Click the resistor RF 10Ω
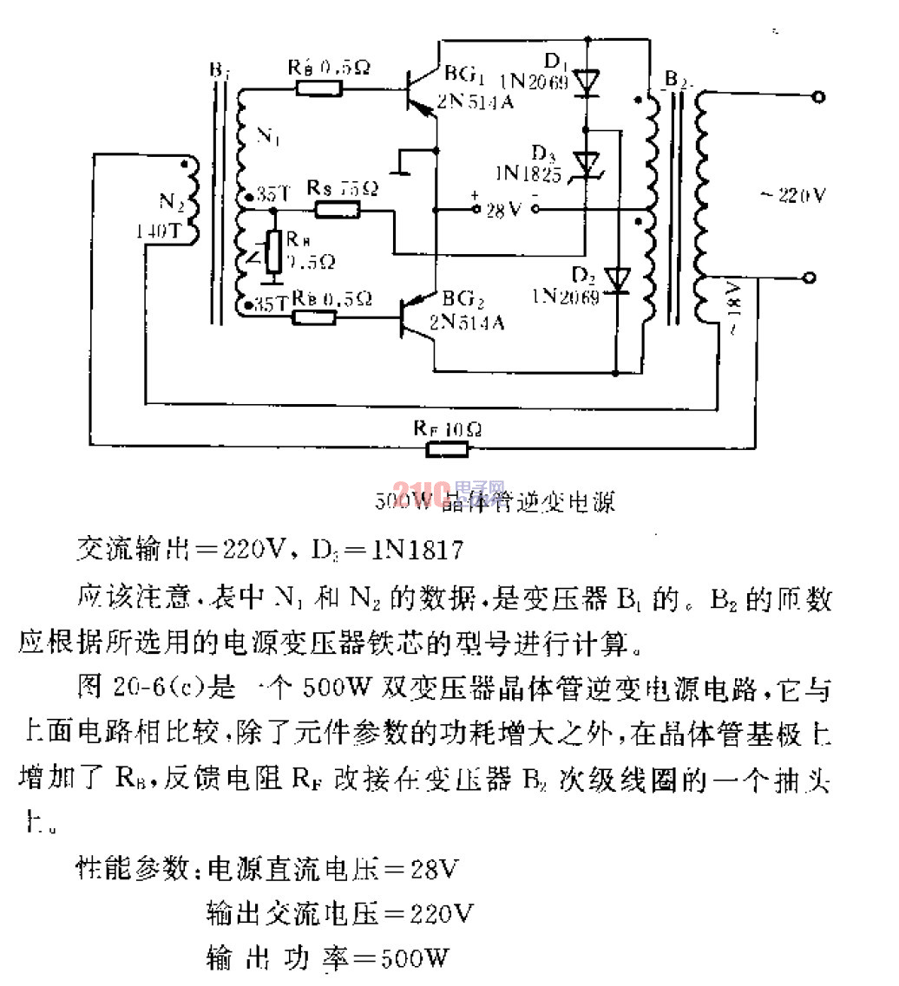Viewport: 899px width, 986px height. (446, 447)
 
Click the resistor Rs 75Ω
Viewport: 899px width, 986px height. (337, 209)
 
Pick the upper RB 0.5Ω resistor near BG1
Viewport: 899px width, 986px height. (318, 88)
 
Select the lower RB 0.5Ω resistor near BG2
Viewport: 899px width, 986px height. (314, 317)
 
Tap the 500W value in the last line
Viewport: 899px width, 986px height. (414, 958)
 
